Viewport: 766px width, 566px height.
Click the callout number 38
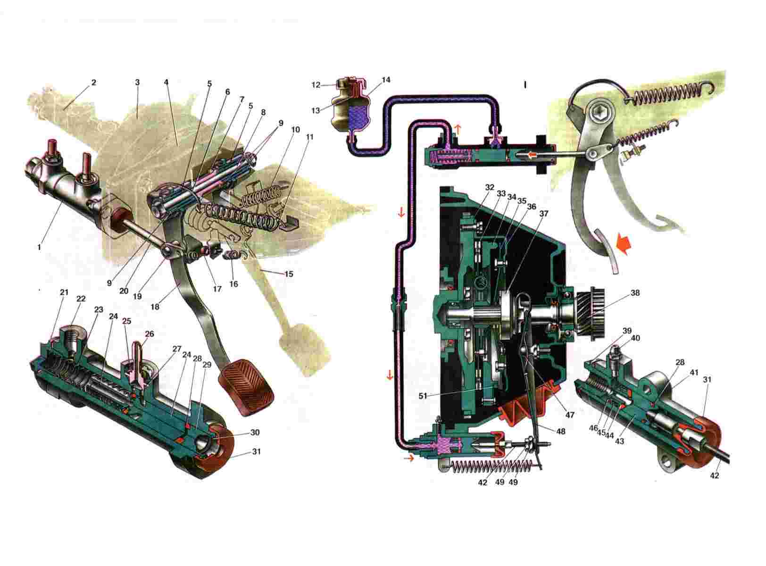[x=635, y=293]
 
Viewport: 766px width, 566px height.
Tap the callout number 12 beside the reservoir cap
[x=316, y=85]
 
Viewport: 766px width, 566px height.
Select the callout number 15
[x=289, y=273]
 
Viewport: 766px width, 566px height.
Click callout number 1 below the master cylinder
[x=40, y=247]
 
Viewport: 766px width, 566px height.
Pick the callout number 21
[x=64, y=292]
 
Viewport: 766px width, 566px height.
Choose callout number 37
[x=544, y=213]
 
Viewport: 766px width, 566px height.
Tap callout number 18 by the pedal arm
[x=155, y=307]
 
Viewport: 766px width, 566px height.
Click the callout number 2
[x=93, y=83]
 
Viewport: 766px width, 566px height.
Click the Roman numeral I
[x=525, y=85]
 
